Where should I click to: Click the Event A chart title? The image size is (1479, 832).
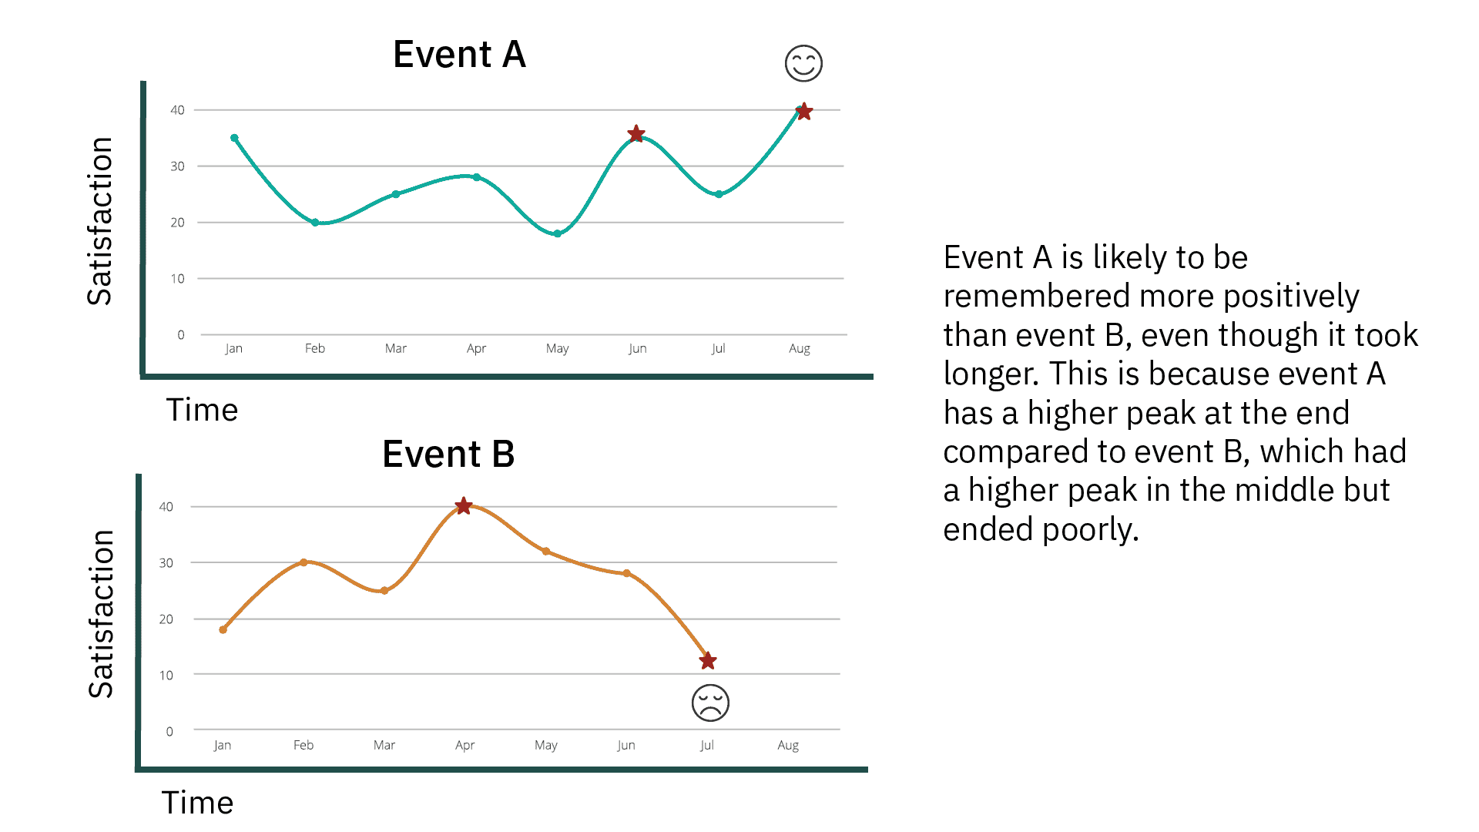click(x=459, y=55)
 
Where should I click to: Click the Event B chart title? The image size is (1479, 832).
click(x=448, y=454)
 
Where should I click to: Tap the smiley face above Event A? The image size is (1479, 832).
click(x=803, y=63)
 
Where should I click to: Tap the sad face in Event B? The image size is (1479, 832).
click(x=710, y=703)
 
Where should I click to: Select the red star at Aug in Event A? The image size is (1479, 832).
click(x=803, y=112)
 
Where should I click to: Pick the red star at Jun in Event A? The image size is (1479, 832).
click(x=636, y=134)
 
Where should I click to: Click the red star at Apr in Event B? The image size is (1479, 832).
click(x=463, y=506)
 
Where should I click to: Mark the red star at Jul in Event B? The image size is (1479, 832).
click(x=708, y=661)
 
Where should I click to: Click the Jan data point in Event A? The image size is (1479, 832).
click(x=234, y=138)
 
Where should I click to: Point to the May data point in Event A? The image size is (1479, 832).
click(x=557, y=233)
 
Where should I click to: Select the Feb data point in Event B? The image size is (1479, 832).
click(x=304, y=562)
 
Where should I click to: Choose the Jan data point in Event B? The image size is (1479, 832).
click(x=223, y=629)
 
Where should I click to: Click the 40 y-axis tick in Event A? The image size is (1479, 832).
click(x=177, y=110)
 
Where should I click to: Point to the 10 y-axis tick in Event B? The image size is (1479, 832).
click(x=166, y=676)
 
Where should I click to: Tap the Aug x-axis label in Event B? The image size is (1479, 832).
click(x=788, y=745)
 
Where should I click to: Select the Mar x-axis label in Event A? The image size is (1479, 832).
click(x=395, y=348)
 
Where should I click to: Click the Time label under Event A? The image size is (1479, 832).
click(x=202, y=410)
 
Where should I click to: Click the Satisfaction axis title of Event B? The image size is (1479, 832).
click(x=101, y=614)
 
